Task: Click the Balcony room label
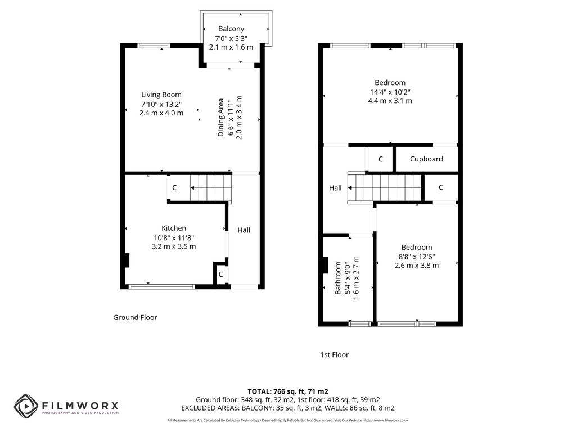point(231,29)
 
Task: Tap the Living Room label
point(161,94)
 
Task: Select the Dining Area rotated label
point(220,117)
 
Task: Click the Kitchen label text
point(174,228)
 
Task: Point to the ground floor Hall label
point(244,230)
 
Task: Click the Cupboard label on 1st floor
point(426,159)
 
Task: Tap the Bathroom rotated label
point(338,278)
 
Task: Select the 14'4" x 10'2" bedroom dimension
point(390,92)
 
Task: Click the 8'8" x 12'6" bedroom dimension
point(417,256)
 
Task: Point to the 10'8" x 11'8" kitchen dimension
point(174,238)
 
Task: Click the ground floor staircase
point(211,188)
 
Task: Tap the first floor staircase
point(385,188)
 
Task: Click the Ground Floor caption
point(135,317)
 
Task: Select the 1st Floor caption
point(334,355)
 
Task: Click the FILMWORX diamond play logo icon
point(26,406)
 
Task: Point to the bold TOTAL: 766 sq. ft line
point(288,391)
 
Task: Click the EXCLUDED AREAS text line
point(288,408)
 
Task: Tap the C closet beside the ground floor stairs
point(174,187)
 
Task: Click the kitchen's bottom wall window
point(161,287)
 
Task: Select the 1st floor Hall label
point(335,188)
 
